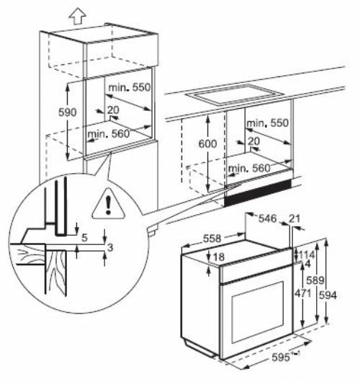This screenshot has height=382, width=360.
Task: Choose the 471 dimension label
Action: tap(302, 295)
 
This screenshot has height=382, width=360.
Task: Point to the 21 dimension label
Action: tap(294, 218)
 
